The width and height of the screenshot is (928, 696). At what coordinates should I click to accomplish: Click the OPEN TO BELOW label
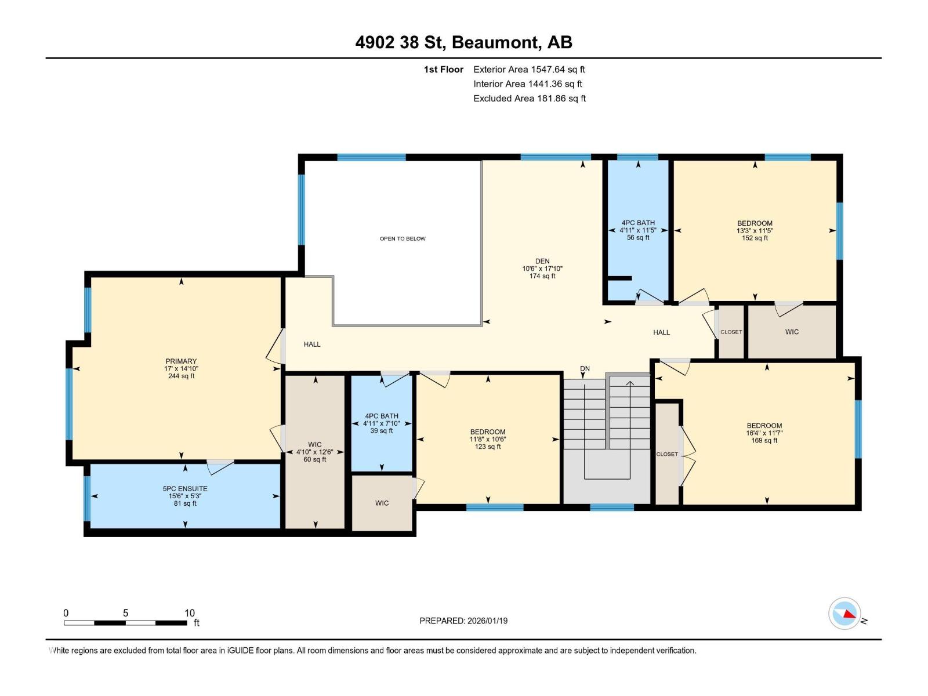pos(403,239)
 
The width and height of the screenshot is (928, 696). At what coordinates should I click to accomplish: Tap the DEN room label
pos(542,261)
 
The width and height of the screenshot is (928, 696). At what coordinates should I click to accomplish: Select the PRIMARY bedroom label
pos(181,361)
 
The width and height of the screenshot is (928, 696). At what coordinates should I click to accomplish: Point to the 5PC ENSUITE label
pos(185,488)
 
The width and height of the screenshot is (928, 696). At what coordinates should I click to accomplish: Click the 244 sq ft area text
pos(181,376)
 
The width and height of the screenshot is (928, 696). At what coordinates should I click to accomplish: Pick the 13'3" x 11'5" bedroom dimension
pos(755,231)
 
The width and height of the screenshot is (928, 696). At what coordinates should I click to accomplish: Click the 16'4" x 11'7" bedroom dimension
pos(764,433)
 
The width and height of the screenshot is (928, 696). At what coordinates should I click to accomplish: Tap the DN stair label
pos(585,368)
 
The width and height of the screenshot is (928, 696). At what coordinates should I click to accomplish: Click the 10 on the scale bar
pos(190,612)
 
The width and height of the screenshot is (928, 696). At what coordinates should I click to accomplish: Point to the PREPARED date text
pos(463,621)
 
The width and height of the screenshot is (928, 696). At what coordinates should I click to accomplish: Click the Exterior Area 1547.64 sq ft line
pos(529,69)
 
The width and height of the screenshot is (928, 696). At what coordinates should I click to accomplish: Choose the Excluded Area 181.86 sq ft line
pos(530,99)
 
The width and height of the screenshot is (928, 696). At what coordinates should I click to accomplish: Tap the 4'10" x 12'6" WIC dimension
pos(314,452)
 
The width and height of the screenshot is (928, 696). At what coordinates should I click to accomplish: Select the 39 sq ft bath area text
pos(381,431)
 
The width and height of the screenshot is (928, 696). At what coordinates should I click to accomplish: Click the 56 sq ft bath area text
pos(638,238)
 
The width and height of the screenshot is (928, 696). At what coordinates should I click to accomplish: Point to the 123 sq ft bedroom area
pos(488,447)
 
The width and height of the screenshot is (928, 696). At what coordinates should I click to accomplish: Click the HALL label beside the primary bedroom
pos(312,345)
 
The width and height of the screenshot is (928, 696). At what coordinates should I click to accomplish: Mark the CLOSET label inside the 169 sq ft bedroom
pos(667,454)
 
